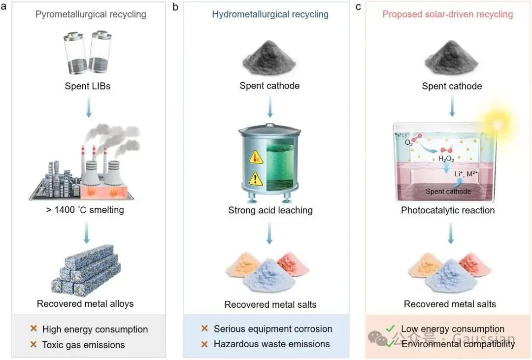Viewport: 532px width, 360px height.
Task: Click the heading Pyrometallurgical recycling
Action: tap(91, 14)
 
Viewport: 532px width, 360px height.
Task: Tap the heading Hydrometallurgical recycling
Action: tap(270, 14)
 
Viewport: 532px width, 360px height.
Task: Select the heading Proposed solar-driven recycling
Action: tap(447, 14)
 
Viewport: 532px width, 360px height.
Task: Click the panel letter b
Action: tap(175, 7)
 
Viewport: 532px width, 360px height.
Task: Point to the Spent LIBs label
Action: tap(88, 86)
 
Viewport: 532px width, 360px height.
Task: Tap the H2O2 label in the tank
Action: tap(446, 159)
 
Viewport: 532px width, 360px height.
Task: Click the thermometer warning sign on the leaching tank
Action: tap(256, 158)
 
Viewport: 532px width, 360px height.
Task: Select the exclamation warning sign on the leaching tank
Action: tap(256, 179)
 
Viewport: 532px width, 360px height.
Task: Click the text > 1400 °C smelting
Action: tap(85, 210)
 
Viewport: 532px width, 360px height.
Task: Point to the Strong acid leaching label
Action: tap(270, 210)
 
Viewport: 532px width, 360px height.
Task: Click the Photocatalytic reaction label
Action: tap(448, 210)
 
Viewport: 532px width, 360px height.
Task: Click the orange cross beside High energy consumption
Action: tap(33, 328)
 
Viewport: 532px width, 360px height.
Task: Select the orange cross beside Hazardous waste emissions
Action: tap(204, 344)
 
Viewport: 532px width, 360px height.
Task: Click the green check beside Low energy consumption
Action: tap(390, 328)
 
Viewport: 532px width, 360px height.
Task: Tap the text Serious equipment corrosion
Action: tap(273, 329)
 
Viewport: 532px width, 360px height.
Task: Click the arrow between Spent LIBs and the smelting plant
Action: tap(89, 107)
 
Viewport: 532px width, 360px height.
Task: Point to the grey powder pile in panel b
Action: tap(269, 57)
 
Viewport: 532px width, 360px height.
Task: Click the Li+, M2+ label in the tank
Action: tap(466, 174)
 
